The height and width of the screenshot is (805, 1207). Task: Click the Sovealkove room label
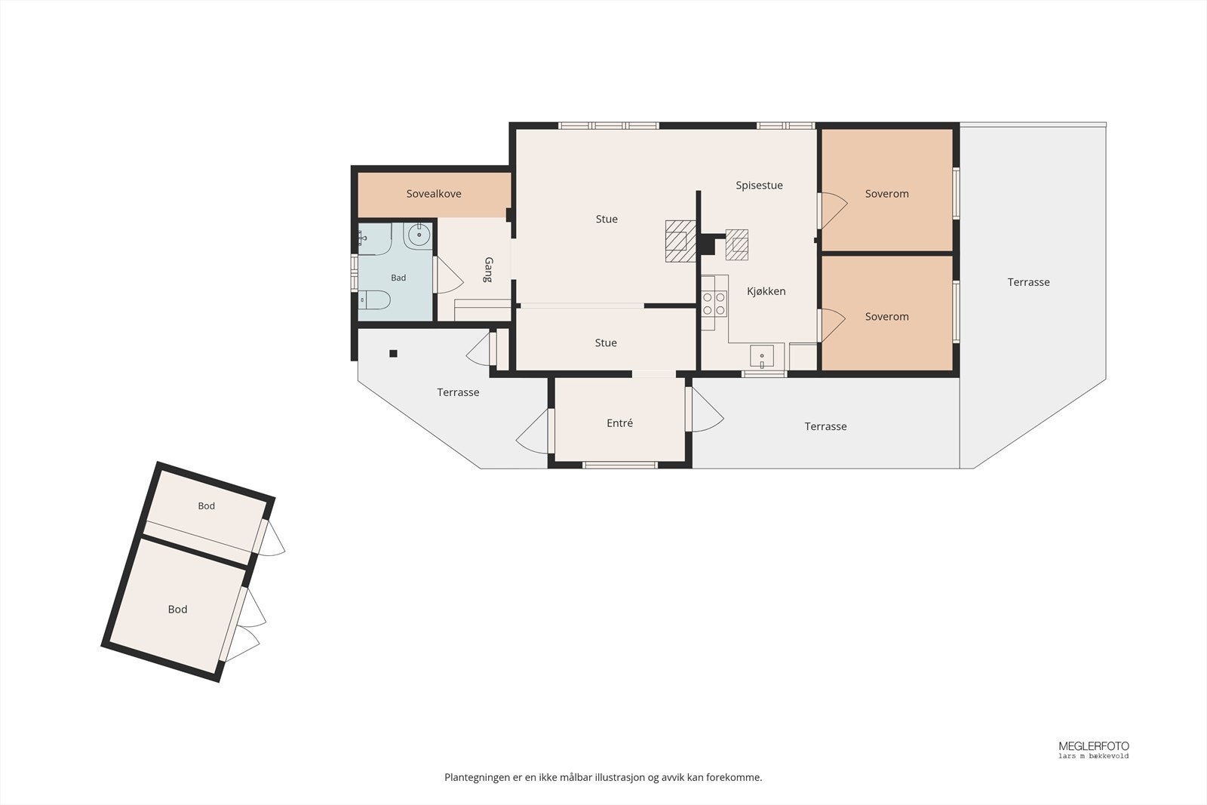pos(434,194)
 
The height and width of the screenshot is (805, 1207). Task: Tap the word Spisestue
pos(759,186)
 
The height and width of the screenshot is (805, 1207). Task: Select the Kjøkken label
pos(766,291)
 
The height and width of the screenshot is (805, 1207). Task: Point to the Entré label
pos(619,423)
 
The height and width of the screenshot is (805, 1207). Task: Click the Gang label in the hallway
pos(489,269)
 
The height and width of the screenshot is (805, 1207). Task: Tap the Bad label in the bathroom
pos(398,278)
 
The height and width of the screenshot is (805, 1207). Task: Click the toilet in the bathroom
pos(374,300)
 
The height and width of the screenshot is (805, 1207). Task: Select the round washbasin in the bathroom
pos(419,235)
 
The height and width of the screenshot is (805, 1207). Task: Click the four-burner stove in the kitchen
pos(714,303)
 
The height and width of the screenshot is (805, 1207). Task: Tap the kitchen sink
pos(762,356)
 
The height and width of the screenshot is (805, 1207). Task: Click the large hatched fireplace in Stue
pos(680,241)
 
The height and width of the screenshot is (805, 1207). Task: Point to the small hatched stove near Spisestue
pos(736,244)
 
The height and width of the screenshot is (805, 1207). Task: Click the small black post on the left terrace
pos(393,354)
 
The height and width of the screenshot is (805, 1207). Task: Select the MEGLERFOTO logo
pos(1094,749)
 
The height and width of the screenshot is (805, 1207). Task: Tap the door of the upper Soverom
pos(833,210)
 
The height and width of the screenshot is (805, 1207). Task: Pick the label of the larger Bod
pos(178,610)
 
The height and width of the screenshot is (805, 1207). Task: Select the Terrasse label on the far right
pos(1029,282)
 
